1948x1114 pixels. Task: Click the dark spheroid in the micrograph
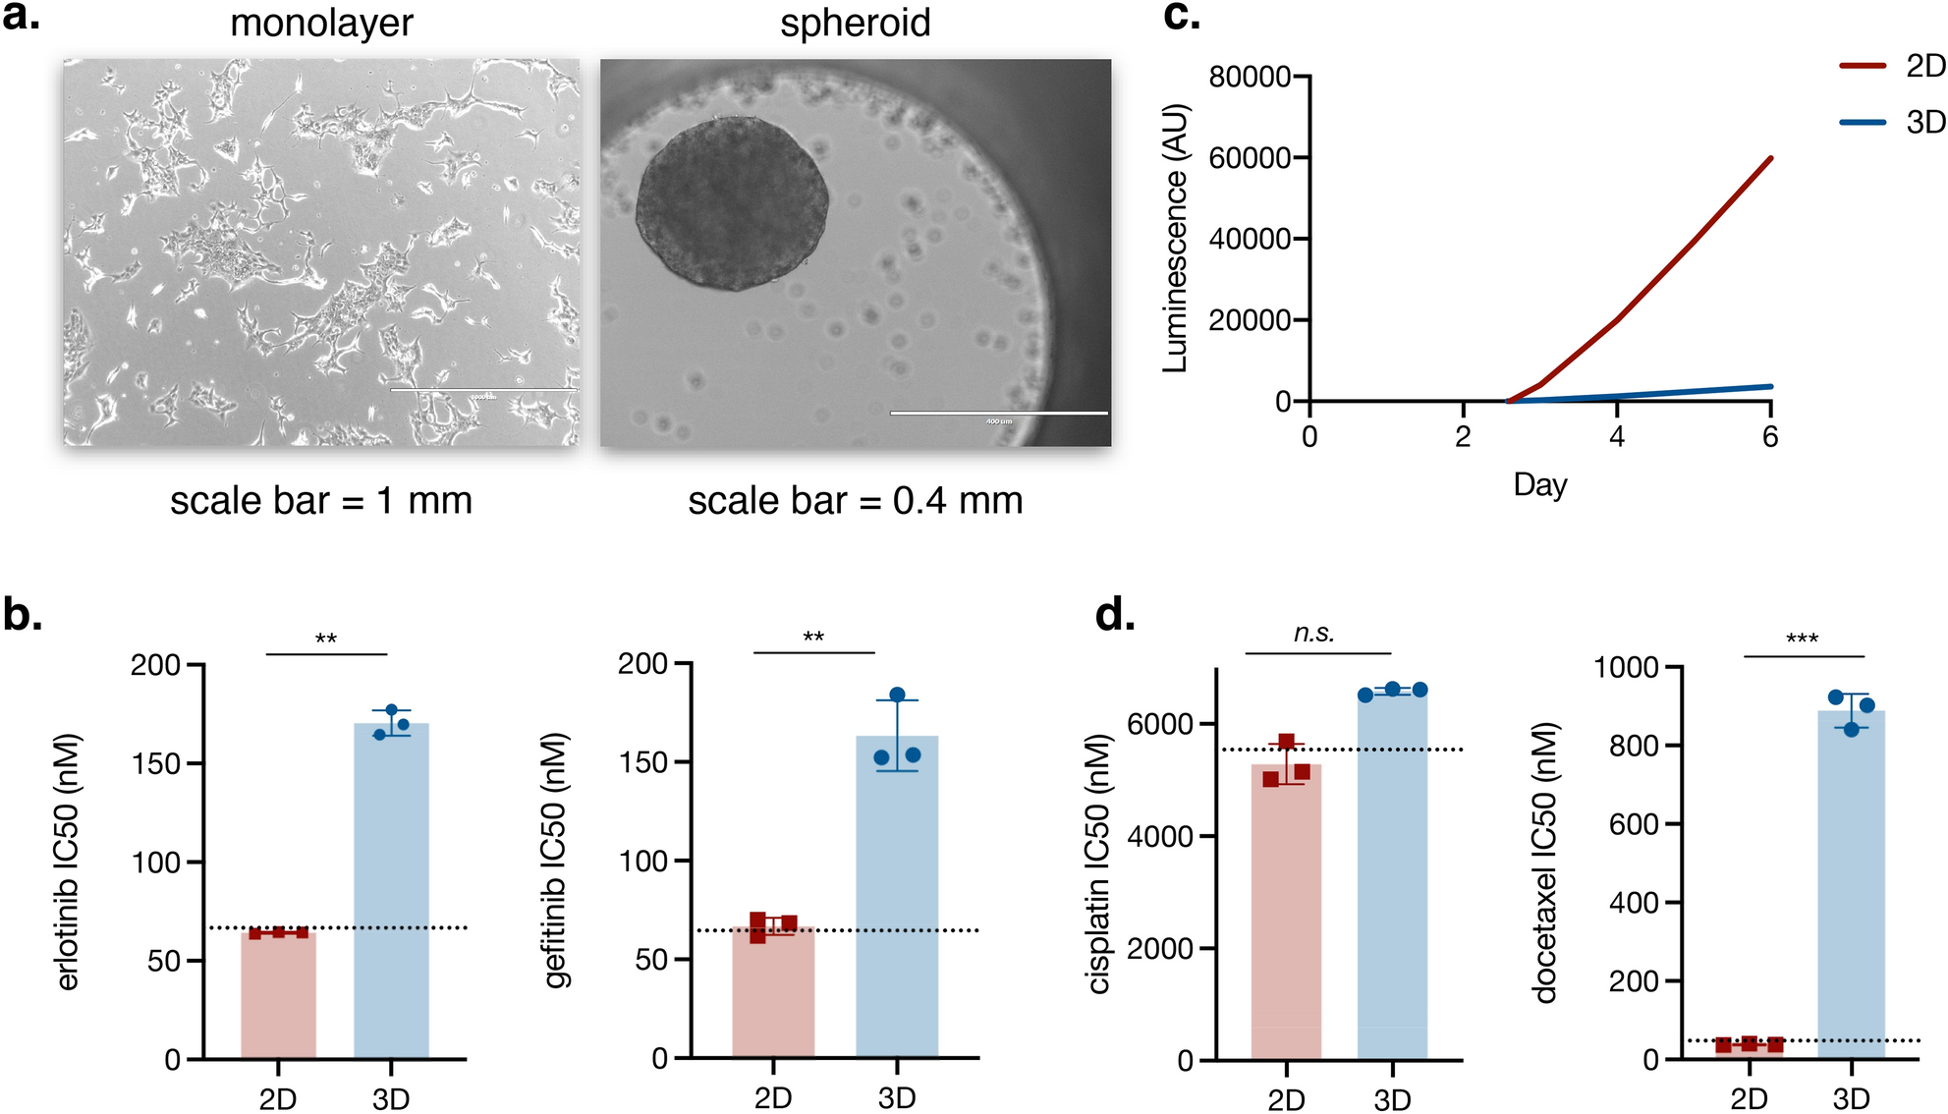tap(732, 203)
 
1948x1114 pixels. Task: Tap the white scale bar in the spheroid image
tap(998, 413)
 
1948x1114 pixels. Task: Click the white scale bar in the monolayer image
tap(483, 390)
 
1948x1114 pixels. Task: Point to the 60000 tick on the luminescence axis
tap(1250, 158)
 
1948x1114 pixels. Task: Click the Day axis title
tap(1539, 484)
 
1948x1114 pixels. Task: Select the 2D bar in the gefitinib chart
tap(773, 992)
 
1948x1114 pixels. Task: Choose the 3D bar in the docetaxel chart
tap(1851, 884)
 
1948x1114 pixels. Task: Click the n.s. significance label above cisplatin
tap(1314, 634)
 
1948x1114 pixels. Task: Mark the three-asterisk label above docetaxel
tap(1802, 640)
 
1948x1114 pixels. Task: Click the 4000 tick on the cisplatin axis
tap(1159, 837)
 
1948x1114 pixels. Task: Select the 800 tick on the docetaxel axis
tap(1634, 746)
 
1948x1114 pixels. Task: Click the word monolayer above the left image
tap(321, 23)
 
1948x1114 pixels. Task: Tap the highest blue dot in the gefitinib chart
tap(897, 695)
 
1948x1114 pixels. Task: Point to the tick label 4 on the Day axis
tap(1617, 437)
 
